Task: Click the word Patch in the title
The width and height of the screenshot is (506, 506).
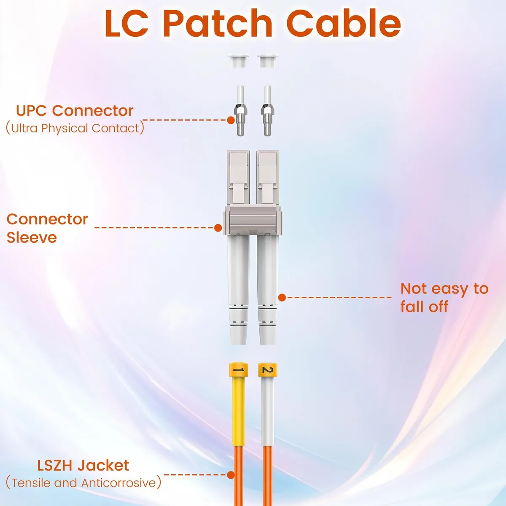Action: [x=219, y=24]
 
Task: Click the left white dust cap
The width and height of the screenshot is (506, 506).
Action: [x=238, y=61]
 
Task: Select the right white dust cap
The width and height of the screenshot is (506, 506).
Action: [x=268, y=61]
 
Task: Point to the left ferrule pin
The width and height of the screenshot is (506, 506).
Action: [x=240, y=110]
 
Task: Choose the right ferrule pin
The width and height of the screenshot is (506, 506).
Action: [x=267, y=110]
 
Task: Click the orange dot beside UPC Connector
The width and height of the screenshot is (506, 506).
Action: [x=231, y=120]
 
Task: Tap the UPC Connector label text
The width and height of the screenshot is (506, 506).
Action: [x=75, y=111]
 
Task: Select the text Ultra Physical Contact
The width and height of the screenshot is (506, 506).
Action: [x=75, y=128]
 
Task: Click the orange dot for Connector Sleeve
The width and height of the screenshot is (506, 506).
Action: [x=218, y=228]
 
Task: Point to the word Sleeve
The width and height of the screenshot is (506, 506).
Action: [x=32, y=238]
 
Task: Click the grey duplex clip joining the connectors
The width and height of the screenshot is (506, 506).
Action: [x=253, y=220]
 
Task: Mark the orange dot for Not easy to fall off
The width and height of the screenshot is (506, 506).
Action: [x=282, y=298]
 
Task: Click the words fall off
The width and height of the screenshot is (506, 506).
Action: [x=424, y=307]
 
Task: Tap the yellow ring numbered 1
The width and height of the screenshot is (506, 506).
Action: [x=238, y=370]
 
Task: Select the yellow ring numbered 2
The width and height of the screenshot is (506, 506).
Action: [x=268, y=370]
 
